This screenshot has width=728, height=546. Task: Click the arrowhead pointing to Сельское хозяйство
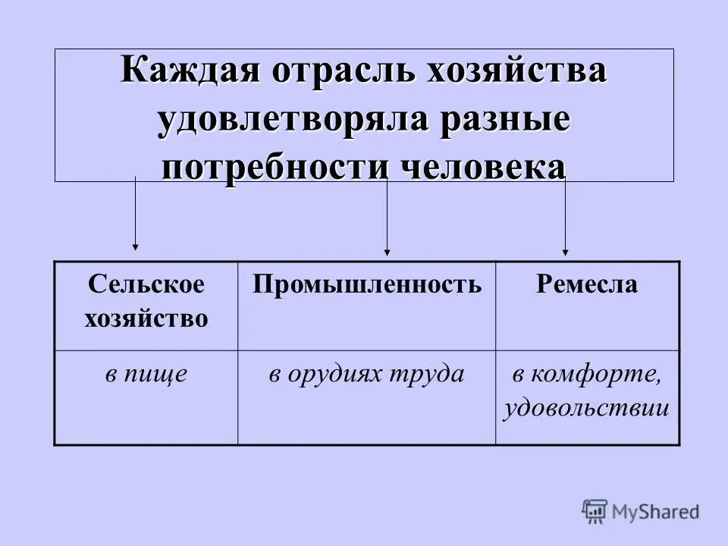tap(135, 246)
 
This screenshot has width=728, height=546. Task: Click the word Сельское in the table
tap(146, 285)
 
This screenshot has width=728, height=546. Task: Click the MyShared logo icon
tap(595, 512)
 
